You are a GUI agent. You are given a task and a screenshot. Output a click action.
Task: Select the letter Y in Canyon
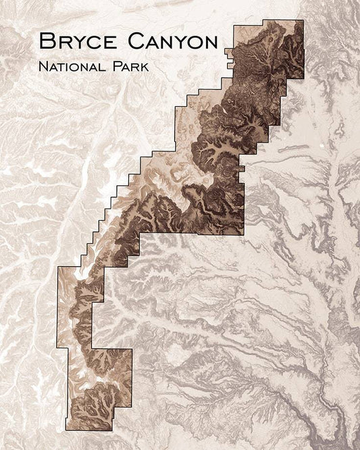click(x=174, y=41)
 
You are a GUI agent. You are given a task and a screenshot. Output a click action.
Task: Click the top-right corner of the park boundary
click(x=303, y=20)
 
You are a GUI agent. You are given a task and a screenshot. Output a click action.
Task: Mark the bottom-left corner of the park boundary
click(x=66, y=430)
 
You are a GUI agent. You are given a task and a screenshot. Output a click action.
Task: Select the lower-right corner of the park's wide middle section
click(x=243, y=234)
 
